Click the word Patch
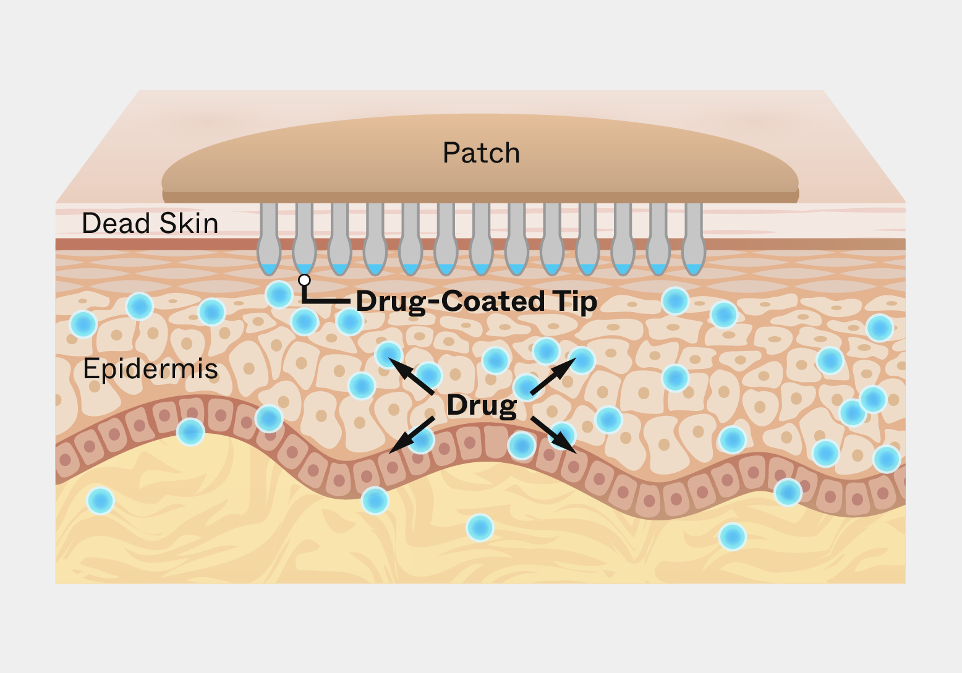[x=481, y=153]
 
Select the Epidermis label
[x=150, y=369]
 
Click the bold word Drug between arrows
[x=482, y=405]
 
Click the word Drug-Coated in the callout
[x=450, y=301]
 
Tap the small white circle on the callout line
[x=304, y=280]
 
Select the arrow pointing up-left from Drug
[x=412, y=378]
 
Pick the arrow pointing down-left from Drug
[x=412, y=434]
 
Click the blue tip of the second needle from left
[x=304, y=269]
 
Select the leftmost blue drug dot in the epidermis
[x=83, y=324]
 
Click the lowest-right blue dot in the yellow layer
[x=732, y=536]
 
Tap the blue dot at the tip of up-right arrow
[x=582, y=360]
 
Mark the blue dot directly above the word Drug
[x=495, y=360]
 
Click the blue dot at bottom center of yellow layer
[x=480, y=528]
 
